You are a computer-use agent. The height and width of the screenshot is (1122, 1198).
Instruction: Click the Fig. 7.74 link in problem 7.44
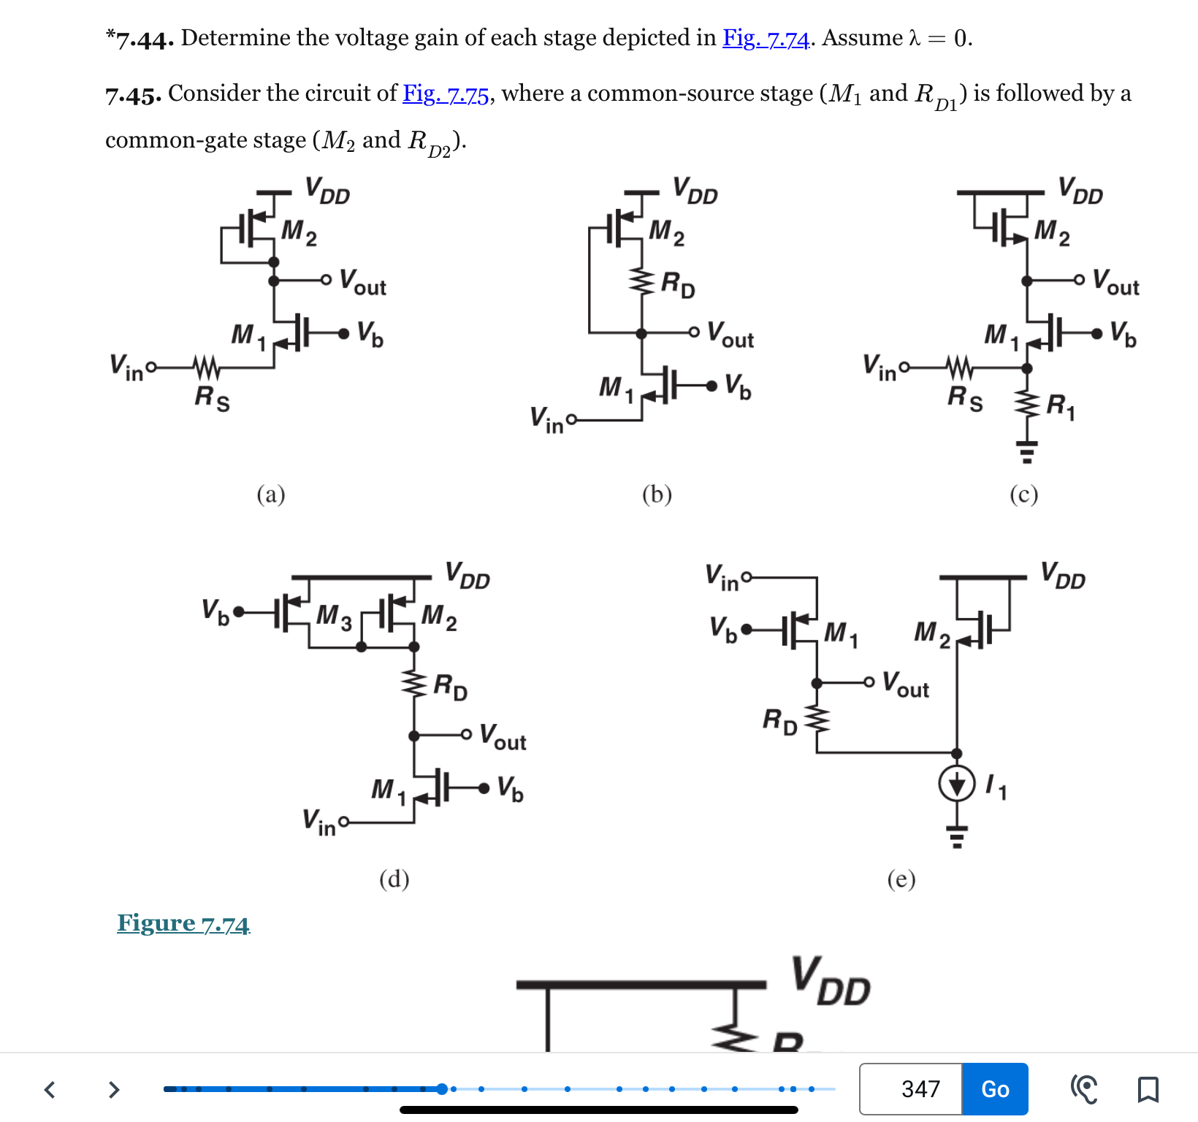coord(766,38)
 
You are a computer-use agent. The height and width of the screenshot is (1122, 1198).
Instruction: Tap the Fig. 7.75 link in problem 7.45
coord(446,93)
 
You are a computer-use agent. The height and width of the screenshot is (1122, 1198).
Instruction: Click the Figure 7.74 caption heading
coord(183,923)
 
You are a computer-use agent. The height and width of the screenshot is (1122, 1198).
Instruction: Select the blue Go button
coord(995,1089)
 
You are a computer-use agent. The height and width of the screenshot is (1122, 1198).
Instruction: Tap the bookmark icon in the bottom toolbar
coord(1148,1089)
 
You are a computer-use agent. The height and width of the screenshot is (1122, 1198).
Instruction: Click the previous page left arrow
coord(50,1089)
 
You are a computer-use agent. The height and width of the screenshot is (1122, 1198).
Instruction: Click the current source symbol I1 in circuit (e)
coord(957,785)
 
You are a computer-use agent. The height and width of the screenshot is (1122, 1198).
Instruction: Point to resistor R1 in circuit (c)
coord(1028,405)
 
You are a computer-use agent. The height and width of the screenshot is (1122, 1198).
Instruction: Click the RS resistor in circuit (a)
coord(206,366)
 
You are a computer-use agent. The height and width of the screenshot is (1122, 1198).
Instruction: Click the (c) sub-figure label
coord(1023,495)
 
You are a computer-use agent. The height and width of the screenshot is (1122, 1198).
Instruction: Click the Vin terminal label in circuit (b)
coord(547,420)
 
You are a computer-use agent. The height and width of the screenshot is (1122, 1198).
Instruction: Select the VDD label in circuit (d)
coord(468,576)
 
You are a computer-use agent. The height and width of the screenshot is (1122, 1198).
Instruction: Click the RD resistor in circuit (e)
coord(817,720)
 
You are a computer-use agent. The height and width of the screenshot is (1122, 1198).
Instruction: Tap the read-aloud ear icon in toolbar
coord(1084,1089)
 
